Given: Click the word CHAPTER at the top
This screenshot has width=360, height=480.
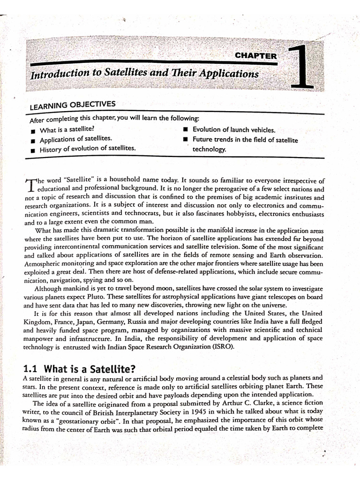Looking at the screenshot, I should (255, 56).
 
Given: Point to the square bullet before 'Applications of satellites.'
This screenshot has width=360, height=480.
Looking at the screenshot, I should (33, 140).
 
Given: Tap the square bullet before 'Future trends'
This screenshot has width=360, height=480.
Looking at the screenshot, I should (186, 140).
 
